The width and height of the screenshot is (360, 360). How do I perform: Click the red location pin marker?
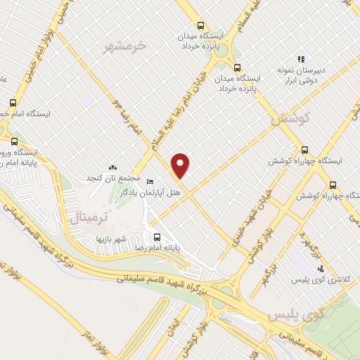181,165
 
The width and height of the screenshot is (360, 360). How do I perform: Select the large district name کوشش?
290,120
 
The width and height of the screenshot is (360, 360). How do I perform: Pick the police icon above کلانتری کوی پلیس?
321,268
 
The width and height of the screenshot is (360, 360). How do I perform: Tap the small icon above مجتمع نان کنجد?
113,167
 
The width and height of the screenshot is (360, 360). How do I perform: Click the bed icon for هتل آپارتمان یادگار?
149,182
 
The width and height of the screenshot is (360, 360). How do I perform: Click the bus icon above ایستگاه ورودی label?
15,141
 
